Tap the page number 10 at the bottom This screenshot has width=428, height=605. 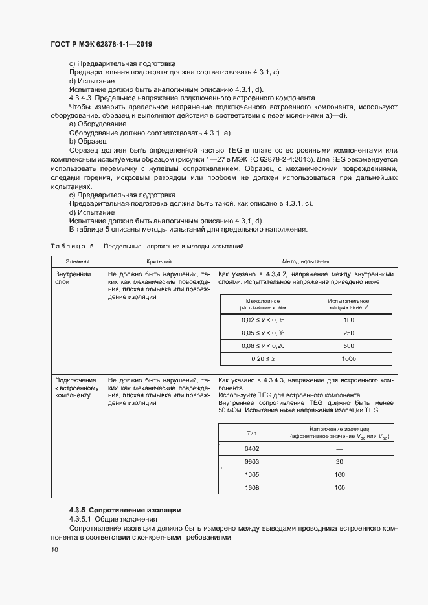[x=54, y=549]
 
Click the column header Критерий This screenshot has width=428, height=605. [x=158, y=261]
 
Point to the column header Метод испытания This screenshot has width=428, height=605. [x=306, y=261]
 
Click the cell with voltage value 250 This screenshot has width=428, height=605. [x=348, y=333]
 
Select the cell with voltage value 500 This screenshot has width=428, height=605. [x=348, y=346]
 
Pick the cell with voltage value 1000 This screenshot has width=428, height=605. [x=348, y=358]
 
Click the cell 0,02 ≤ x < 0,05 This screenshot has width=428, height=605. [x=263, y=320]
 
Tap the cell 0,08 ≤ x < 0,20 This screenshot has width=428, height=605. [x=263, y=346]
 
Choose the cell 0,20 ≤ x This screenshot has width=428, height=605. [x=263, y=358]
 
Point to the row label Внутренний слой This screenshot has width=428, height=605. [x=72, y=278]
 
